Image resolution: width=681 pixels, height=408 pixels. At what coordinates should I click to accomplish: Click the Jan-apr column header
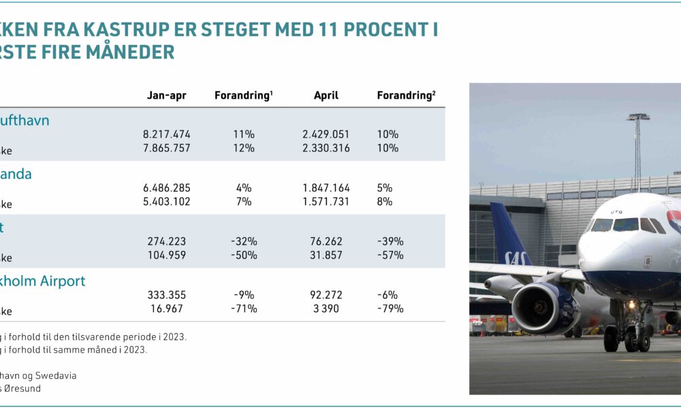pyautogui.click(x=167, y=96)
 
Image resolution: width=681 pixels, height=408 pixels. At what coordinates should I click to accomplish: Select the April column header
pyautogui.click(x=326, y=96)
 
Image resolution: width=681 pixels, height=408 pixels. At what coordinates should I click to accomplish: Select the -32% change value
pyautogui.click(x=243, y=241)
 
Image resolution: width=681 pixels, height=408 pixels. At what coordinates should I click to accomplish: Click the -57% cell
pyautogui.click(x=390, y=255)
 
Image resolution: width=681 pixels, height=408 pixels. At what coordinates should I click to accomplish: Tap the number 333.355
pyautogui.click(x=167, y=295)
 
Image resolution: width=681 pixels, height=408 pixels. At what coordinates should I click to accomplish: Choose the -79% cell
pyautogui.click(x=390, y=309)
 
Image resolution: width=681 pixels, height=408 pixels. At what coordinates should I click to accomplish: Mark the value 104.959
pyautogui.click(x=167, y=255)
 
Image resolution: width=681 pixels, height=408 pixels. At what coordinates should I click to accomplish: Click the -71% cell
pyautogui.click(x=243, y=309)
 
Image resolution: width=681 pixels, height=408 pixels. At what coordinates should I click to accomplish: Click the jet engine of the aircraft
pyautogui.click(x=545, y=307)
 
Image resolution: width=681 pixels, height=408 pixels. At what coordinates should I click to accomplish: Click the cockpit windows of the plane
pyautogui.click(x=627, y=224)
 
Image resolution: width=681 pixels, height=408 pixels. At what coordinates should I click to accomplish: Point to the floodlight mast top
pyautogui.click(x=638, y=117)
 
